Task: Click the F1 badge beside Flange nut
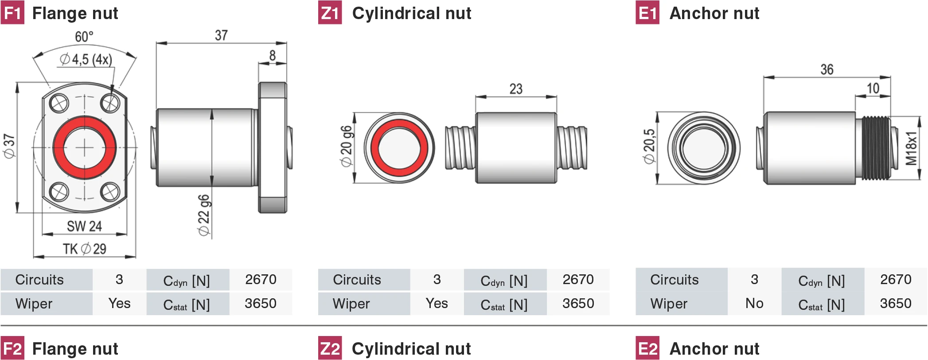click(12, 13)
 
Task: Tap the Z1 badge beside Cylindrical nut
click(330, 13)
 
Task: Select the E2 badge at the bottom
click(647, 349)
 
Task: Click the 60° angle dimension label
click(84, 36)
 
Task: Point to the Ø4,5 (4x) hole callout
click(86, 59)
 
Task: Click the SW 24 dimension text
click(84, 226)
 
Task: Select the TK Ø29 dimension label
click(84, 249)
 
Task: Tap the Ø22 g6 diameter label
click(204, 215)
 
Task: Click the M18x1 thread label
click(911, 148)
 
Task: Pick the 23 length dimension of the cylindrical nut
click(516, 89)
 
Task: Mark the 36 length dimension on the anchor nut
click(827, 70)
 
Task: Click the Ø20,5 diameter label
click(649, 146)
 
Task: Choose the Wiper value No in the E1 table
click(754, 304)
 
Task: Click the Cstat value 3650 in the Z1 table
click(578, 304)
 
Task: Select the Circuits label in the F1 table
click(39, 280)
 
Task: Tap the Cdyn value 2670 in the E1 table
click(895, 280)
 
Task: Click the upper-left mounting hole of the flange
click(59, 104)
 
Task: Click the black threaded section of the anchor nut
click(876, 148)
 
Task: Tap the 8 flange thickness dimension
click(272, 55)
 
